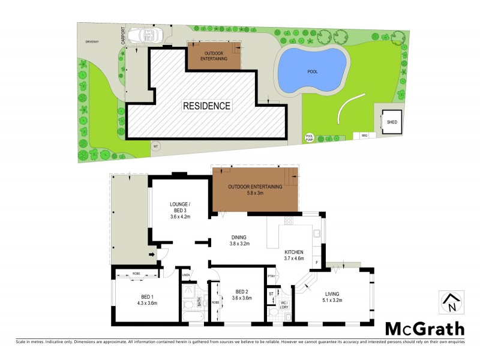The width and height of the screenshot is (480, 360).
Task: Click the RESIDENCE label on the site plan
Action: pyautogui.click(x=207, y=106)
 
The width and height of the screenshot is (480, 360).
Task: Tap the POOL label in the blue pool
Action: pyautogui.click(x=312, y=71)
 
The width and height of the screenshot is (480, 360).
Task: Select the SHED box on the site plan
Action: pyautogui.click(x=391, y=122)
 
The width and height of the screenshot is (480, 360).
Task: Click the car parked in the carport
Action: pyautogui.click(x=148, y=35)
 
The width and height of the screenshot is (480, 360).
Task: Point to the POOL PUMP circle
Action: pyautogui.click(x=310, y=137)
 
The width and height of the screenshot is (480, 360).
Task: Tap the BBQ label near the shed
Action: pyautogui.click(x=364, y=136)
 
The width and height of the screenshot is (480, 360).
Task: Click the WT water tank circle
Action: pyautogui.click(x=155, y=145)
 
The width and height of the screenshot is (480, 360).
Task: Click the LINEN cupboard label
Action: pyautogui.click(x=186, y=275)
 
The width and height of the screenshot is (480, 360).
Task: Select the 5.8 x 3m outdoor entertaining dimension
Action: pyautogui.click(x=254, y=194)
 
